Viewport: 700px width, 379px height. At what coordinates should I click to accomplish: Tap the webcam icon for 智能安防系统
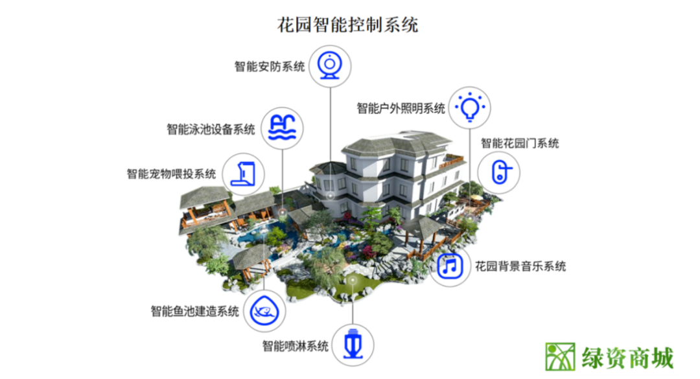331,65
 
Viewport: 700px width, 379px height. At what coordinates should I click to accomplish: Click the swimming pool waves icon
283,128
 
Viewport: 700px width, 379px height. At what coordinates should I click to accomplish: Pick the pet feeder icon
242,173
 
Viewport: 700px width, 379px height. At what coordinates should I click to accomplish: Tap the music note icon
450,266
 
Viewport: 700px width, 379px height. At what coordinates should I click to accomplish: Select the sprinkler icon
353,345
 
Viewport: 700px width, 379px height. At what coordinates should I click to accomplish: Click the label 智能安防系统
270,66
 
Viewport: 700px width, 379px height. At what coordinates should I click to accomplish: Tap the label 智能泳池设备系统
211,130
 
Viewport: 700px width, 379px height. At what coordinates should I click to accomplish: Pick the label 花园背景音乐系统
520,266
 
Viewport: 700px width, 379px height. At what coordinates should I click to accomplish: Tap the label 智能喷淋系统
295,346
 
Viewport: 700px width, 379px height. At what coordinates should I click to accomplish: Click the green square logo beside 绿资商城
560,356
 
